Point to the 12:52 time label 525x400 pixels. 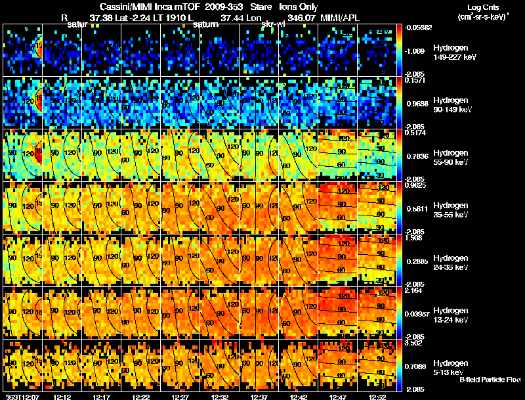coord(378,397)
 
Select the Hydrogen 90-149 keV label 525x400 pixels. coord(451,105)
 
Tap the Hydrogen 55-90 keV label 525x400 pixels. coord(451,158)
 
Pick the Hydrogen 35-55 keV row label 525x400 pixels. coord(451,210)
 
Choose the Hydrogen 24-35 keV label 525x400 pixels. coord(451,262)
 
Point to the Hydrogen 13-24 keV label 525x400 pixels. coord(451,315)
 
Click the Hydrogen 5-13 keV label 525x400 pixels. coord(451,367)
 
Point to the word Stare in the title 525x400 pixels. coord(251,7)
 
